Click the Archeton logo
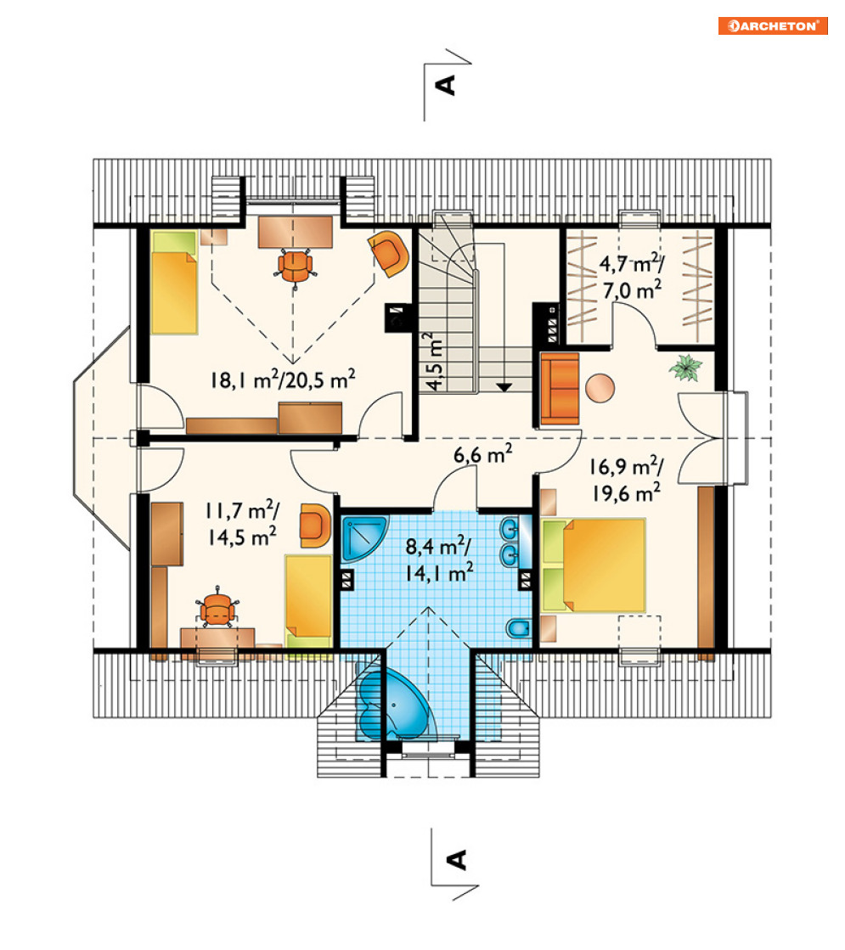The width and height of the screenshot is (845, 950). [x=773, y=25]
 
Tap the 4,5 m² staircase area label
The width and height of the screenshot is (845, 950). [x=433, y=361]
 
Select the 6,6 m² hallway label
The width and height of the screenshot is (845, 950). [x=482, y=454]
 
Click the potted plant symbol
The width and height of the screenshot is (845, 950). [x=685, y=368]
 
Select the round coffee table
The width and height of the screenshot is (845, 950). [x=600, y=388]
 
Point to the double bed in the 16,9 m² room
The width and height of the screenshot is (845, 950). [x=594, y=565]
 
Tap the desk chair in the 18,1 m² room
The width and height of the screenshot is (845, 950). [x=296, y=266]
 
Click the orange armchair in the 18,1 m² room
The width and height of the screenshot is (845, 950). [x=389, y=253]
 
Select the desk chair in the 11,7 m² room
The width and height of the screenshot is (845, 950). [x=217, y=609]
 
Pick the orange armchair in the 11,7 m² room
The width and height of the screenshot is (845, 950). [x=315, y=525]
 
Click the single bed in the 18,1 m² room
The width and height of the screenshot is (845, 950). [x=175, y=283]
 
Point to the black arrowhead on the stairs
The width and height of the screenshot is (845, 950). [x=504, y=387]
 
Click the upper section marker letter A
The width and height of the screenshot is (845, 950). [x=446, y=85]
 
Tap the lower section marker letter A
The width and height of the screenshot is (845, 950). [x=456, y=860]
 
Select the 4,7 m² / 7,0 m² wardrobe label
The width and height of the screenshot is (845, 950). [x=632, y=277]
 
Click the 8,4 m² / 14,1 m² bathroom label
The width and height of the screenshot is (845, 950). [x=439, y=559]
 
